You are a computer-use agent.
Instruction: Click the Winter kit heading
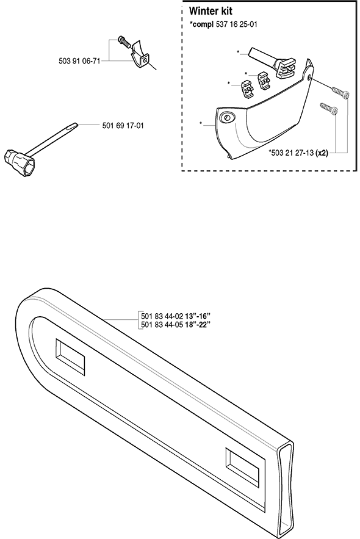coord(211,11)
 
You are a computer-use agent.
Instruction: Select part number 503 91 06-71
coord(79,61)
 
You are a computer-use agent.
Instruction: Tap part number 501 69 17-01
coord(123,126)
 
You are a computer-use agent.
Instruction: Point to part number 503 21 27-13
coord(292,153)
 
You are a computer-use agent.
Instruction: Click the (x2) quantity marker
coord(322,153)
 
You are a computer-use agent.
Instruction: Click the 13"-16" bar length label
coord(198,316)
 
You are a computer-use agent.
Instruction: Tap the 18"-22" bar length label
coord(198,324)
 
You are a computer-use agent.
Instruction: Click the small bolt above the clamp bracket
coord(123,42)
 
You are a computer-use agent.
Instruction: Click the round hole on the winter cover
coord(227,118)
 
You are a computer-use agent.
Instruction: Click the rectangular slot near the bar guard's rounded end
coord(70,356)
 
